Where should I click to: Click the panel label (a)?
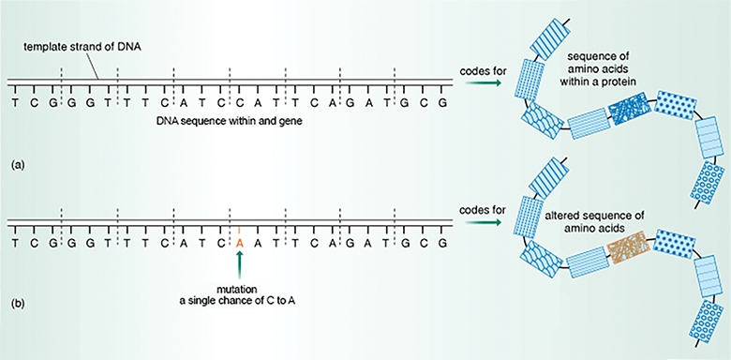point(17,165)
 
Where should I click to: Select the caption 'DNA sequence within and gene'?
point(232,123)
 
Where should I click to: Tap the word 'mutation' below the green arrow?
point(240,288)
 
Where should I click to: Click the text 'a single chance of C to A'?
point(240,300)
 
